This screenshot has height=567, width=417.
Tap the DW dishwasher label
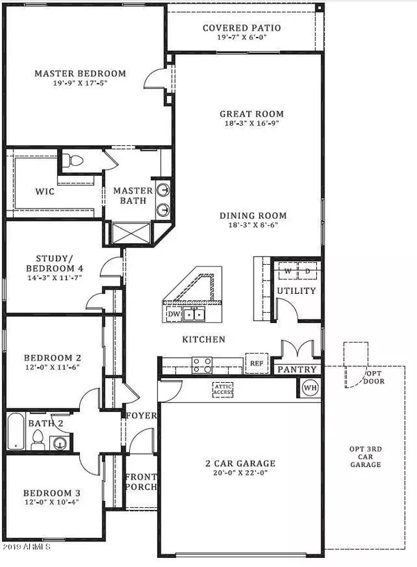point(174,314)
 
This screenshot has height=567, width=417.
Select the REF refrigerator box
point(256,363)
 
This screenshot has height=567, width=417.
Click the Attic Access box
point(223,390)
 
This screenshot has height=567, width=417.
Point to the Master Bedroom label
point(81,73)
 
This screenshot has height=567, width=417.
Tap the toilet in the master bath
point(72,161)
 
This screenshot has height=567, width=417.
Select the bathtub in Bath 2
point(16,432)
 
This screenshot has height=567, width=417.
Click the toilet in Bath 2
point(40,439)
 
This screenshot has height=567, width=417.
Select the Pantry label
point(297,370)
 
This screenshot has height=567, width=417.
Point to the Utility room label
point(297,290)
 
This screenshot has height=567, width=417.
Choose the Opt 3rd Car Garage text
point(365,455)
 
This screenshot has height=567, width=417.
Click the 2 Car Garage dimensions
point(240,474)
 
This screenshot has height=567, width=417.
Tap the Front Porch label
point(141,482)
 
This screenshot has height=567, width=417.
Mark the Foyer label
point(141,416)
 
